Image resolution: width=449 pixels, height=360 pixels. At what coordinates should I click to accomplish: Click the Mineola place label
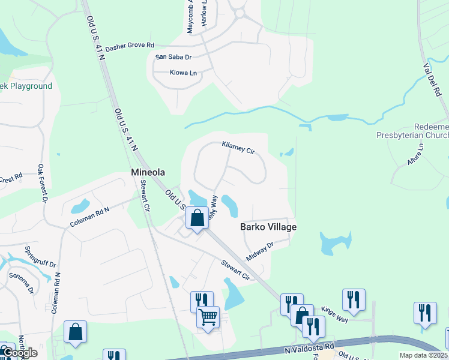click(148, 173)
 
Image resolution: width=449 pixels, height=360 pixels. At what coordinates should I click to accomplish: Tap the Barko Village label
click(268, 227)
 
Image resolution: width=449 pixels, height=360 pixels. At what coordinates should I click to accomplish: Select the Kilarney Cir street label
click(238, 148)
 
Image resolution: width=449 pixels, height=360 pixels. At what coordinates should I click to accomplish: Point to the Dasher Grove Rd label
click(130, 46)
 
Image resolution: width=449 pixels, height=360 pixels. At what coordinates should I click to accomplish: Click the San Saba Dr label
click(173, 57)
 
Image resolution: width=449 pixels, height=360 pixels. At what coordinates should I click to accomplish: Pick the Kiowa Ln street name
click(183, 73)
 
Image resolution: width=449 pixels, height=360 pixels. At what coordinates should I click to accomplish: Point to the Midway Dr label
click(259, 247)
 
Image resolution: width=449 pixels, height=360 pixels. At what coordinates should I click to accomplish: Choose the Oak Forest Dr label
click(41, 183)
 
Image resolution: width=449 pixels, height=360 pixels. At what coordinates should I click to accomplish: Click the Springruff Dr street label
click(40, 256)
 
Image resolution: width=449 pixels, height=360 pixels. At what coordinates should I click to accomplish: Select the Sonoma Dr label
click(20, 283)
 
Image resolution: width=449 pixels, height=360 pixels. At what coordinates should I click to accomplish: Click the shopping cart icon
click(208, 316)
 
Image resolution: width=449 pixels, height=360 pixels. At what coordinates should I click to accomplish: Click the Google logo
click(19, 353)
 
